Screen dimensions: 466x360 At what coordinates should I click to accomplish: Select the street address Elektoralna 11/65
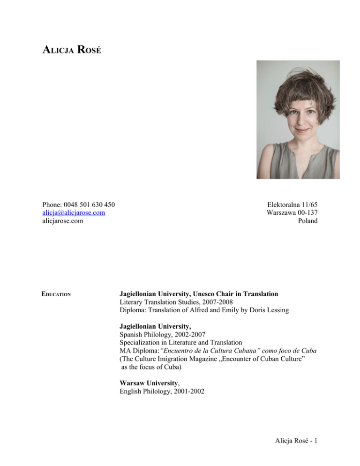tap(292, 204)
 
